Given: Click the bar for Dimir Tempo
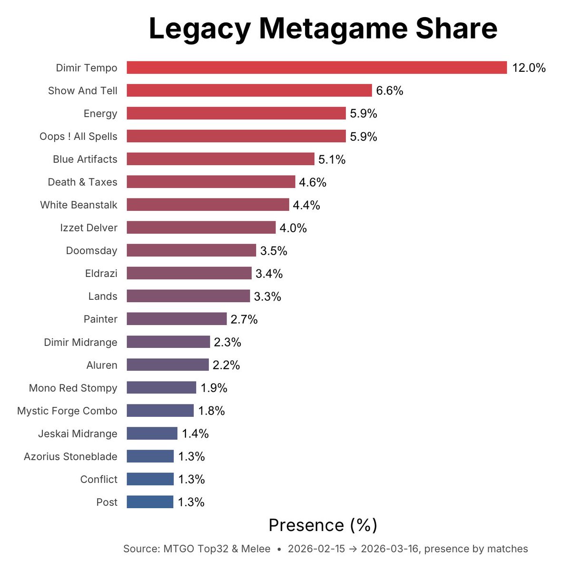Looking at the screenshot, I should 316,68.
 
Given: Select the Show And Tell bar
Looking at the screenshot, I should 249,90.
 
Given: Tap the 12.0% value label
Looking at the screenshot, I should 529,68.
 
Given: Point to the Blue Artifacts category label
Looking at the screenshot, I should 85,159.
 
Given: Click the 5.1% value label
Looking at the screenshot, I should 332,159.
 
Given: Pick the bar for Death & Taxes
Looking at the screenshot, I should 211,182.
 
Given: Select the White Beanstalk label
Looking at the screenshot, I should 79,205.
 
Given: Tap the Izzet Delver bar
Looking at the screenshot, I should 201,227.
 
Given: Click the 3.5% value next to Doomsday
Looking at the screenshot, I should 274,251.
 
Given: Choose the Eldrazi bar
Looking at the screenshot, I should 189,273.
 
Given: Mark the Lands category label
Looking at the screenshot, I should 102,296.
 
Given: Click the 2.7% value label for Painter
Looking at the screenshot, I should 244,319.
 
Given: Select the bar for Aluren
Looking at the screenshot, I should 167,365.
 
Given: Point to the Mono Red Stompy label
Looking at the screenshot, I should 73,388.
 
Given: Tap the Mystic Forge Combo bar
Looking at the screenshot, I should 160,411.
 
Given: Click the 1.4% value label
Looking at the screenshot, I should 195,433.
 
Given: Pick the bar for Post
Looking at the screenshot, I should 150,502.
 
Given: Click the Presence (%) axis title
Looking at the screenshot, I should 323,525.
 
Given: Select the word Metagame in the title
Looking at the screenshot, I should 333,29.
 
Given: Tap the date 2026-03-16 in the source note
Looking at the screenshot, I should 390,549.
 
